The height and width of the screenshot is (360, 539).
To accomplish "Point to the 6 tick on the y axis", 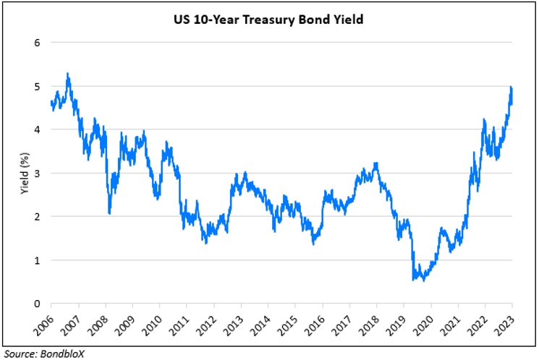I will click(x=36, y=42).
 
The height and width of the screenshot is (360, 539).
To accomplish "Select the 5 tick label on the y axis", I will click(x=36, y=86).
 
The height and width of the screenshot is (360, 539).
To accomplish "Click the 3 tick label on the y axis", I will click(x=36, y=173).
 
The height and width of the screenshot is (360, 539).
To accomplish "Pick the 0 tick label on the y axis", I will click(x=36, y=304).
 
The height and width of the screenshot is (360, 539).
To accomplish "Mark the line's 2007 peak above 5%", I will click(x=67, y=74).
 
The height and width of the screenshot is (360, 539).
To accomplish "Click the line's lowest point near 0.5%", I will click(x=423, y=280).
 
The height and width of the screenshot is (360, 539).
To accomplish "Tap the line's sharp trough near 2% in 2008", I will click(x=109, y=213).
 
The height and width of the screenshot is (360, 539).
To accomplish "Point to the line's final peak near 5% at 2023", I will click(x=512, y=87).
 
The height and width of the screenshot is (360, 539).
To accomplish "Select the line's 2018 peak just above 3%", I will click(x=376, y=163).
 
